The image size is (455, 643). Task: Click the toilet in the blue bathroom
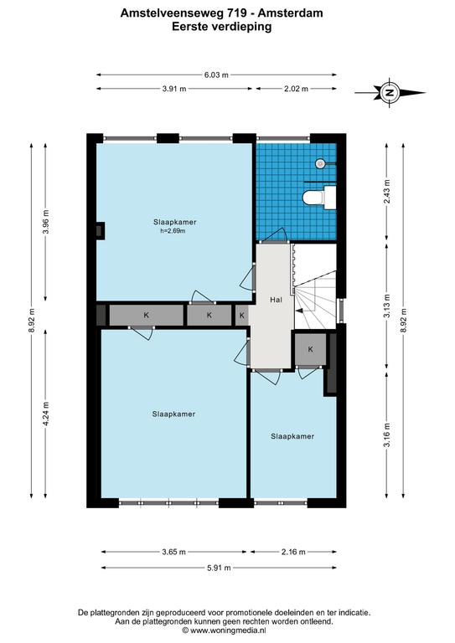(319, 198)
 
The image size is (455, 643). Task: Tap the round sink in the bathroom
(321, 163)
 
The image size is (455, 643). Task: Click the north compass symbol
(390, 93)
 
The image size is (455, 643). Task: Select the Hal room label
(277, 300)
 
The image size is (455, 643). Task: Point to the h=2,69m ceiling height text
(173, 231)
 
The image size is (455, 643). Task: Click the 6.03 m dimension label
(216, 75)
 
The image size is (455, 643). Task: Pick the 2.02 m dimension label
(296, 89)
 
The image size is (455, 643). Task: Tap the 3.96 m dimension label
(46, 221)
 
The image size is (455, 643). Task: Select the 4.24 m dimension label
(46, 414)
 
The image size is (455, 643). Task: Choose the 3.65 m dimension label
(174, 552)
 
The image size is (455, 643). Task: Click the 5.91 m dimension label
(219, 568)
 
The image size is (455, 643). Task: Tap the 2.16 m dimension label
(293, 552)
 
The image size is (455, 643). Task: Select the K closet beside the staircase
(311, 349)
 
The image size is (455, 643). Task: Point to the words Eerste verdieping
(221, 27)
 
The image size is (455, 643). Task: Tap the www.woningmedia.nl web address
(229, 630)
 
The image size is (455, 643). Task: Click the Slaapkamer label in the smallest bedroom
(292, 436)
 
